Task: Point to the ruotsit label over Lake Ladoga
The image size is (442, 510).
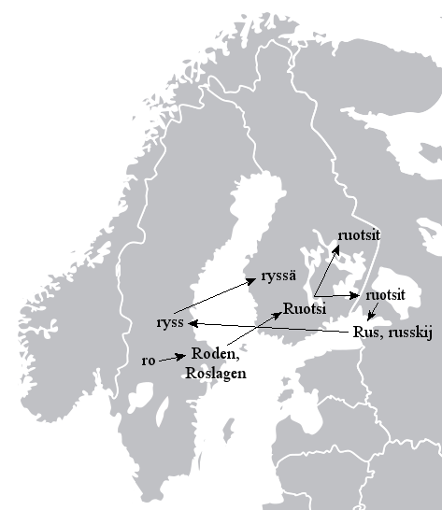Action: click(x=385, y=294)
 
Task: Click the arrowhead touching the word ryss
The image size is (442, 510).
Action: click(x=193, y=323)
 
